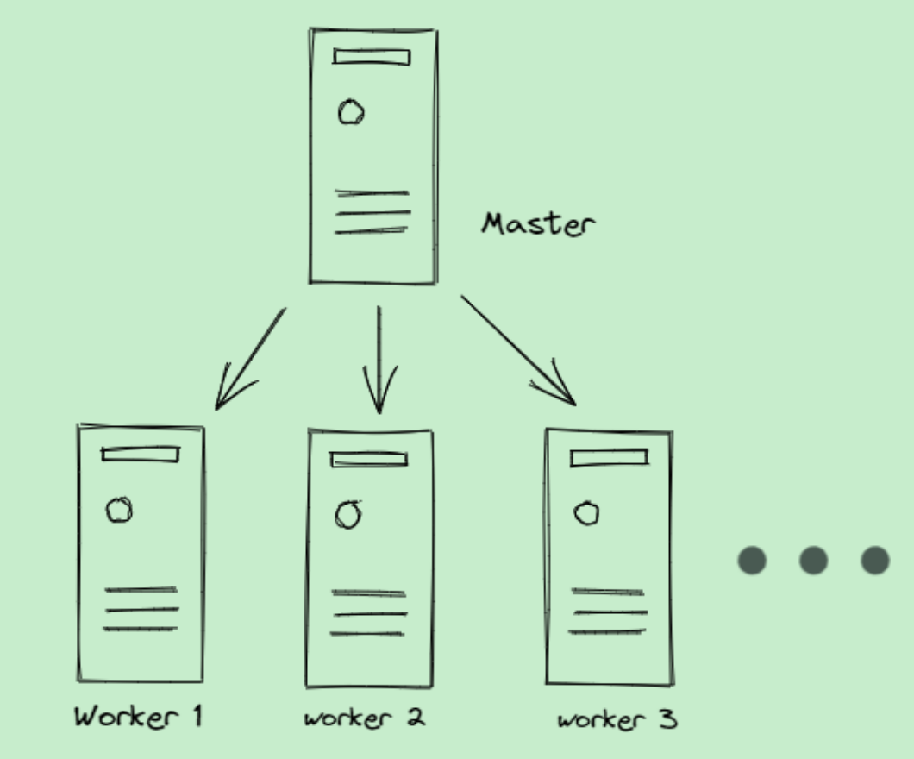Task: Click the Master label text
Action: [538, 224]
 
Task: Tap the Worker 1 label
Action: [138, 716]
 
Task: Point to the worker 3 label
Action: [617, 719]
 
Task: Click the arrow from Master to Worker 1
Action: [250, 358]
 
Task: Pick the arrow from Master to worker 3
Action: [517, 349]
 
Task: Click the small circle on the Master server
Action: [351, 113]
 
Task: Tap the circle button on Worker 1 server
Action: [119, 511]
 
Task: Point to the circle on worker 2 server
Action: [348, 515]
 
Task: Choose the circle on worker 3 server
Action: [587, 514]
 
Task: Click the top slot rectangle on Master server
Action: [372, 57]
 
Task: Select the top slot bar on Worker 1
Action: [141, 454]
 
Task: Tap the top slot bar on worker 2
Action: [369, 460]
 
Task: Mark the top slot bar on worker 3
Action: [609, 458]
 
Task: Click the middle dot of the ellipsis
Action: [813, 561]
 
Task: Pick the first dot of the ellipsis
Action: [752, 561]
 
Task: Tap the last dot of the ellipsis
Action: [875, 561]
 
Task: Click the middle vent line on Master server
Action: [372, 212]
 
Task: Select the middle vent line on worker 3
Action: [609, 613]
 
